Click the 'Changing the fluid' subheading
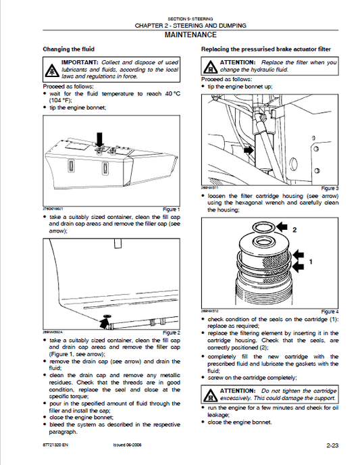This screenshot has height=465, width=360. coord(68,49)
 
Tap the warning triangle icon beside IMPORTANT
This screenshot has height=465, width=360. coord(51,70)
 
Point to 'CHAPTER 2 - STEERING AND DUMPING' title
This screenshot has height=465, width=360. coord(190,26)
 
